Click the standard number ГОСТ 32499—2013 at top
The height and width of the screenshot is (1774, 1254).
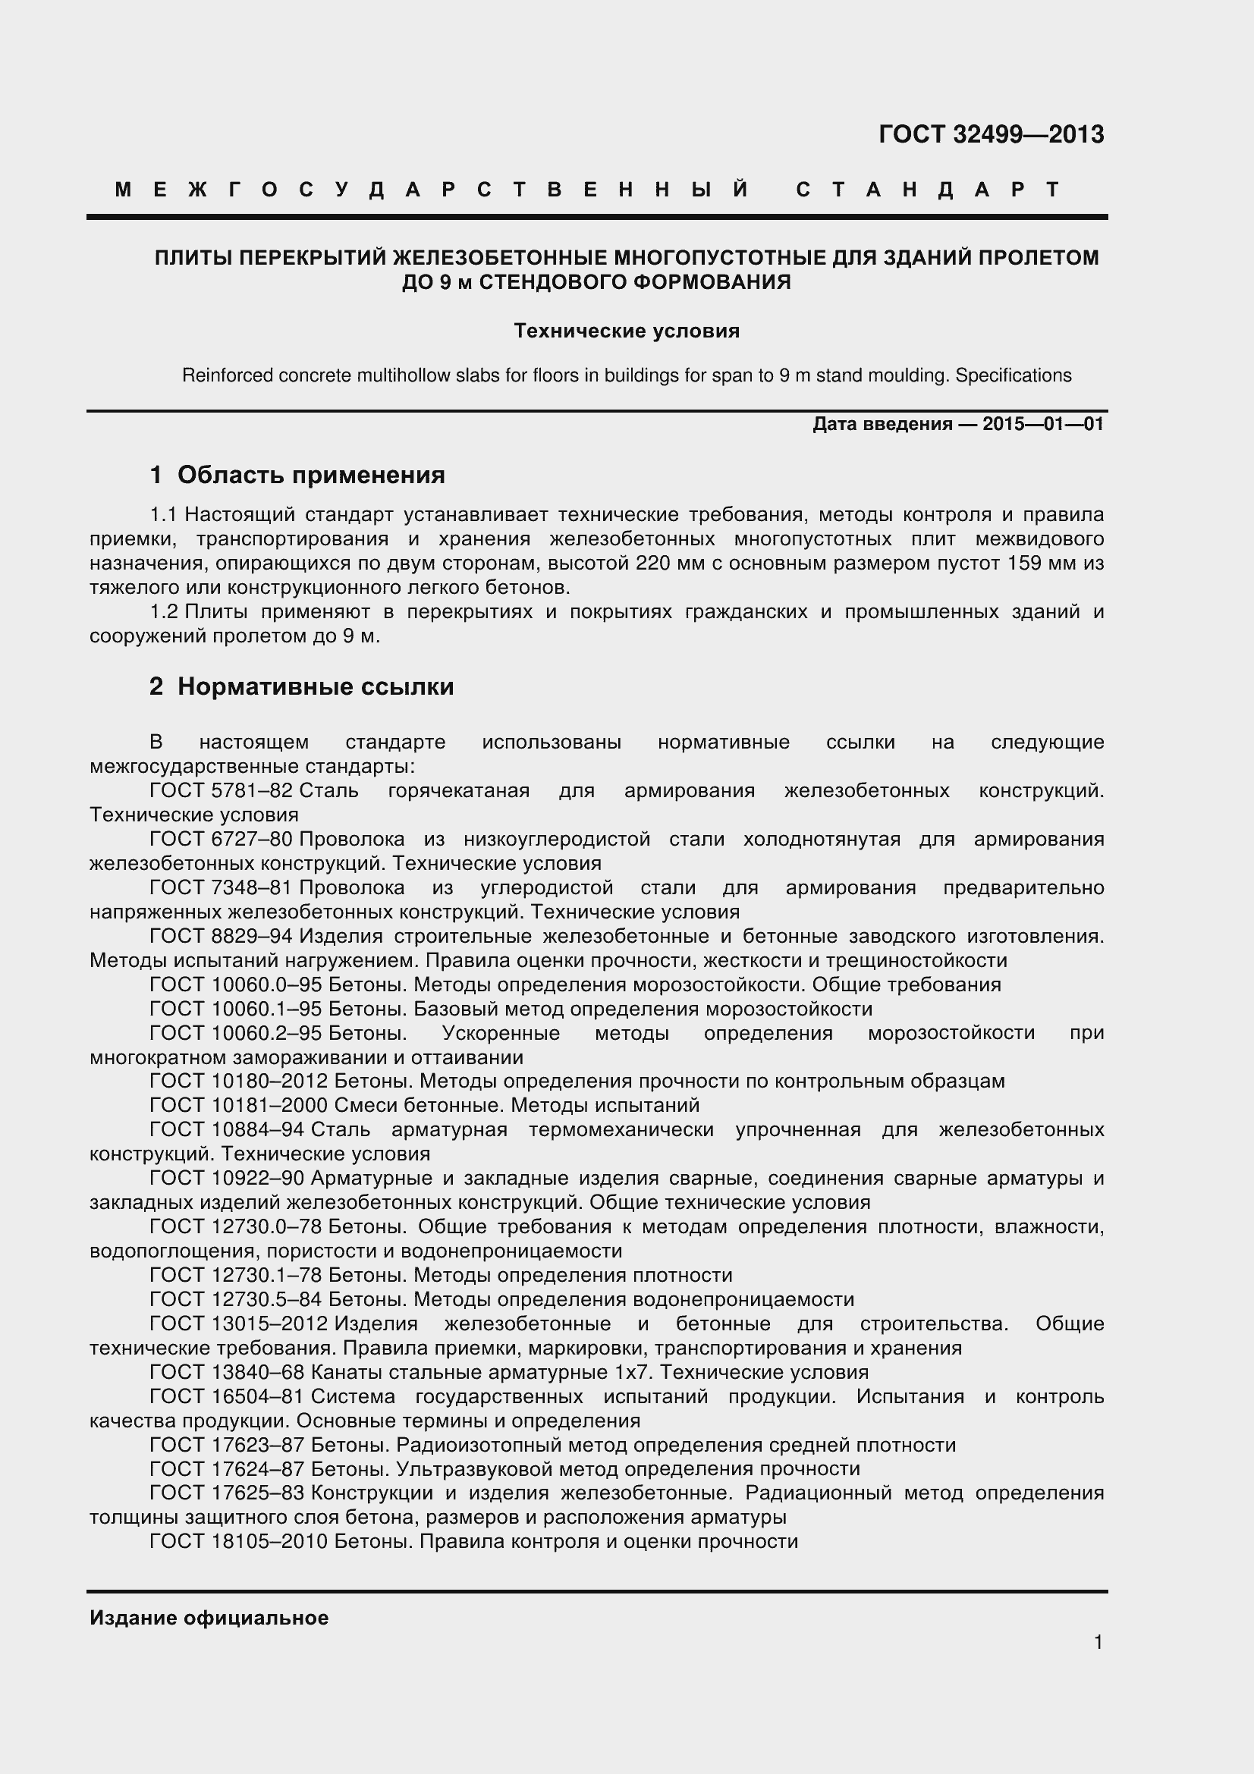click(991, 134)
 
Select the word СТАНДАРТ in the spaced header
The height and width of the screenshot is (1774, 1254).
click(928, 190)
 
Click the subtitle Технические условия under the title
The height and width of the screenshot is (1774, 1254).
click(627, 331)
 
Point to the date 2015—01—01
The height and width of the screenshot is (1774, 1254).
click(1042, 424)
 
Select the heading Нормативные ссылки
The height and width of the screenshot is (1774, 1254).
click(316, 686)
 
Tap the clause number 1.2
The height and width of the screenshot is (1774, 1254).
click(164, 612)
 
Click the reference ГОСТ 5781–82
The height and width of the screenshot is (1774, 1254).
click(221, 790)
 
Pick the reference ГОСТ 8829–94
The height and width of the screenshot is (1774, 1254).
click(221, 936)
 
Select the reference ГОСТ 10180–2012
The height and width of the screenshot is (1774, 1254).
click(238, 1081)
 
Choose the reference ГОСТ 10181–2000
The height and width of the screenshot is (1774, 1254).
click(238, 1105)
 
